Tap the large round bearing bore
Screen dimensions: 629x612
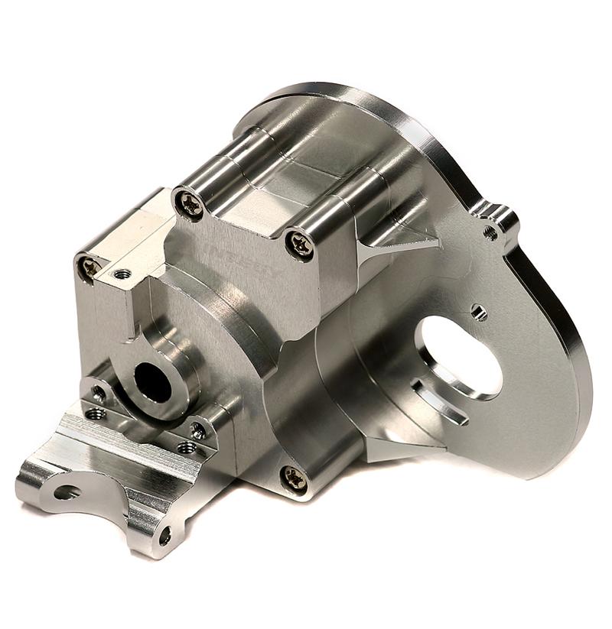[153, 381]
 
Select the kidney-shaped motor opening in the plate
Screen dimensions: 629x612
[457, 356]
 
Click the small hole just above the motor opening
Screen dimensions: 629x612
[479, 311]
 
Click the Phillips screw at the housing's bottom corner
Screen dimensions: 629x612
[295, 479]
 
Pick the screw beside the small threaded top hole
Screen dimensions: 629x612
[90, 267]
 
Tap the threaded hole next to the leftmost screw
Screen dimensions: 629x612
[121, 274]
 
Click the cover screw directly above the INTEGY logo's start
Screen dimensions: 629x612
[188, 203]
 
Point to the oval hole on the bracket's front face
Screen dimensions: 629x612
[67, 492]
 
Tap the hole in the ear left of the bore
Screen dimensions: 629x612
[98, 394]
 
